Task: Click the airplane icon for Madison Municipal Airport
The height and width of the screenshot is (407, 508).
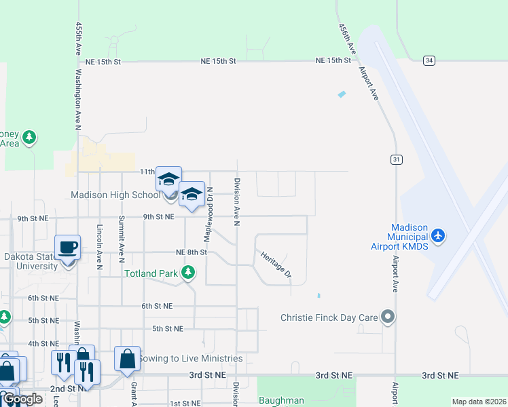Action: (x=438, y=235)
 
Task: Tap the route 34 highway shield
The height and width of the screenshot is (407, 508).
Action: (x=429, y=61)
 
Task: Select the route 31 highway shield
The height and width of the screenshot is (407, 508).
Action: (x=396, y=159)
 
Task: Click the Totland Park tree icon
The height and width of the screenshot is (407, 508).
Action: (x=188, y=273)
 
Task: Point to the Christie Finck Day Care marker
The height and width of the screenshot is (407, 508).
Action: (x=388, y=317)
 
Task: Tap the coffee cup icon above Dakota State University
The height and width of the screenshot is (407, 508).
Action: (x=68, y=247)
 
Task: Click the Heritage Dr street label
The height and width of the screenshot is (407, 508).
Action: (x=276, y=265)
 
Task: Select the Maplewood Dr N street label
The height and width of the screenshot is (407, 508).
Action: (x=208, y=214)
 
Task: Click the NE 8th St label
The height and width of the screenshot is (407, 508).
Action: (x=191, y=252)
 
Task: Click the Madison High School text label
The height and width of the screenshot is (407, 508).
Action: (x=115, y=195)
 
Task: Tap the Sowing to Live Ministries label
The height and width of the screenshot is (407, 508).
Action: (x=189, y=358)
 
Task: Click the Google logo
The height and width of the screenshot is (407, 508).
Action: (x=22, y=399)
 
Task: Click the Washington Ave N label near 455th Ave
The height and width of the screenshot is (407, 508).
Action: (x=79, y=98)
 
